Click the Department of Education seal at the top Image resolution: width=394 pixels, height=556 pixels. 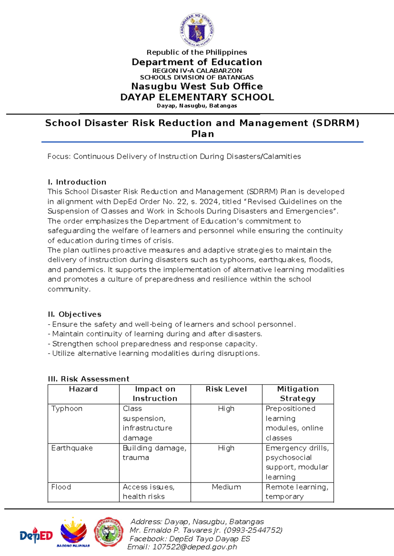(x=197, y=30)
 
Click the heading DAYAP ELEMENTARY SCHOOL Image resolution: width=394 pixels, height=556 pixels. (x=197, y=97)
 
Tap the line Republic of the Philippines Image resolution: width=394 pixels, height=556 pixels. (x=197, y=52)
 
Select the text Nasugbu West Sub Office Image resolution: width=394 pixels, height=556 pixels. (x=197, y=87)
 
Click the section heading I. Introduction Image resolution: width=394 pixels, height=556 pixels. (x=77, y=182)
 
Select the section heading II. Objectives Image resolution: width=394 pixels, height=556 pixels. (x=75, y=314)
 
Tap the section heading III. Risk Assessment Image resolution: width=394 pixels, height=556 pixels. (x=89, y=379)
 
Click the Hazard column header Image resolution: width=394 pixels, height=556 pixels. (x=83, y=389)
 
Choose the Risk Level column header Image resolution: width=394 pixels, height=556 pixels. (x=226, y=389)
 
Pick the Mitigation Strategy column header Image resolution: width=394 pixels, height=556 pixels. (x=298, y=394)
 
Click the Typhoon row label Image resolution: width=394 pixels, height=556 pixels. (x=67, y=409)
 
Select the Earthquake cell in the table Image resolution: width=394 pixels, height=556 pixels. (x=72, y=448)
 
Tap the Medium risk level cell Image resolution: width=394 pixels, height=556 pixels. (x=226, y=487)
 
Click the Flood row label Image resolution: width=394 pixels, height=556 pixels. (x=61, y=487)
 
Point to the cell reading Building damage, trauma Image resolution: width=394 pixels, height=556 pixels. (x=154, y=453)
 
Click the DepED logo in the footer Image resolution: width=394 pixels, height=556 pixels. (x=36, y=536)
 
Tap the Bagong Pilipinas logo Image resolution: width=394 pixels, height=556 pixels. (x=73, y=533)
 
